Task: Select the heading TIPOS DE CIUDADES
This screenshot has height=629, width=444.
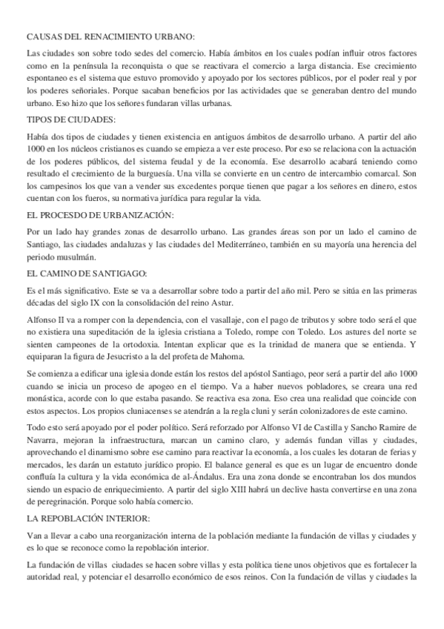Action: [66, 119]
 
